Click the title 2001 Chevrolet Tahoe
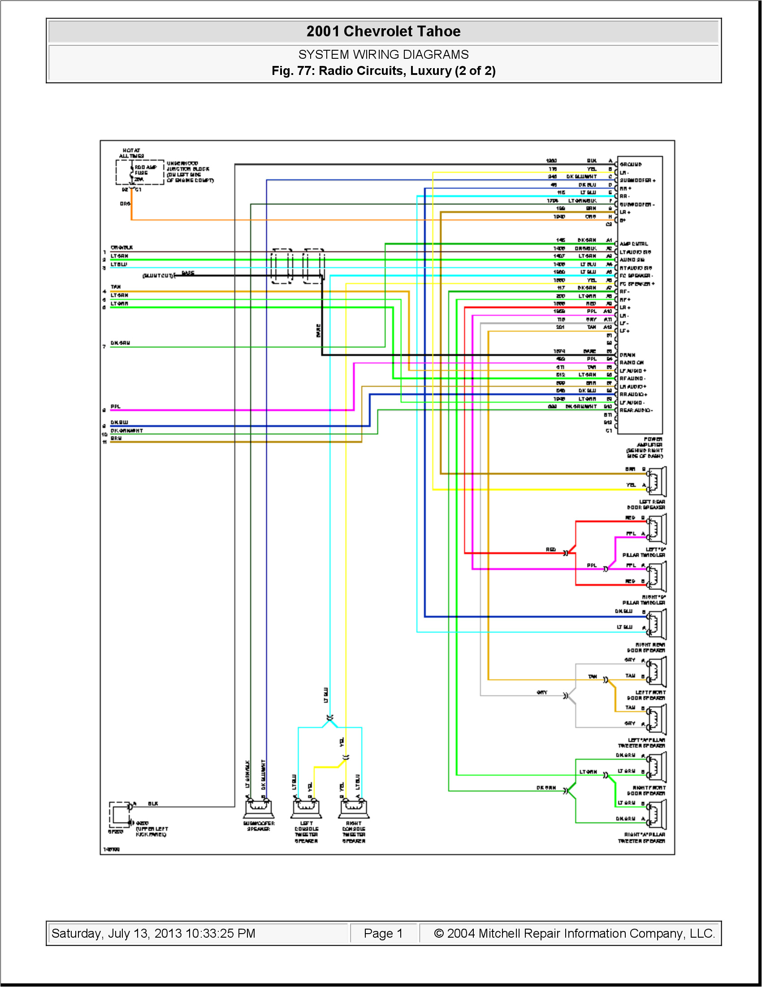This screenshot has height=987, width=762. click(383, 31)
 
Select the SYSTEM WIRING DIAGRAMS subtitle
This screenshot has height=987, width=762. click(383, 55)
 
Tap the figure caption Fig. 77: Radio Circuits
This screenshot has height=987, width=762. click(383, 71)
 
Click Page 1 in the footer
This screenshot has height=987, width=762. click(383, 933)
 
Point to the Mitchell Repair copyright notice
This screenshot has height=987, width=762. click(574, 933)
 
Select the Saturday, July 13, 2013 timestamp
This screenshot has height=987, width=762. click(153, 933)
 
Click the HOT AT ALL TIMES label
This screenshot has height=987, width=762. click(131, 153)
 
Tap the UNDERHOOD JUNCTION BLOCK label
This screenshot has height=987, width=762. click(190, 172)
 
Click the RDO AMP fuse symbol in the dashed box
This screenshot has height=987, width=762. click(132, 173)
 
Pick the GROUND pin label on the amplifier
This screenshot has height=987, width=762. click(630, 165)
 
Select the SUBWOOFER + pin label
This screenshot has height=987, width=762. click(637, 180)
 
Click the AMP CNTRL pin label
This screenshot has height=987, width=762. click(633, 244)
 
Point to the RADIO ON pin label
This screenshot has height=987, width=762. click(632, 363)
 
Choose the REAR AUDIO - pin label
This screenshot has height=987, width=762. click(636, 411)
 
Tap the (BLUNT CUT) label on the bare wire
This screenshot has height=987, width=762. click(157, 275)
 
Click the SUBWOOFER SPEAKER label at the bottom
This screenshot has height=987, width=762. click(259, 826)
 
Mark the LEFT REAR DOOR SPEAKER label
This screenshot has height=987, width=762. click(646, 505)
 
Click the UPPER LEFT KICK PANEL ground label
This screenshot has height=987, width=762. click(151, 831)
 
